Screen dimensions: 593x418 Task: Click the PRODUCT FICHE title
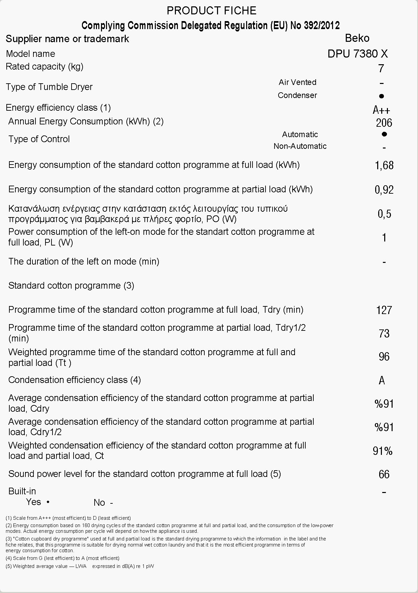211,11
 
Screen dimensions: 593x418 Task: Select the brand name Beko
357,38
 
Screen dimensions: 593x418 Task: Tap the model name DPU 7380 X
357,54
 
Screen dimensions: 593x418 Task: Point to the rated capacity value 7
381,68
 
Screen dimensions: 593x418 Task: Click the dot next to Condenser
382,96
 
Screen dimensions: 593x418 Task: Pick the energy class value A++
381,110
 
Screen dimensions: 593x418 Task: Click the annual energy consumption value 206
384,123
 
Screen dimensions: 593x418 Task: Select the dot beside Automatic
384,134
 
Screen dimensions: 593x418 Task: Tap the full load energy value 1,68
384,165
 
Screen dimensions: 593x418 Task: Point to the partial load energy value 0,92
384,190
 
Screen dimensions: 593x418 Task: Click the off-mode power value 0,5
385,214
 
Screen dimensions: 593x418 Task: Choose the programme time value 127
384,310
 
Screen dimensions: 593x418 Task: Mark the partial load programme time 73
384,333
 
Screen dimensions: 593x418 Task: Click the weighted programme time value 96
384,357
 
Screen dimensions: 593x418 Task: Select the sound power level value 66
384,474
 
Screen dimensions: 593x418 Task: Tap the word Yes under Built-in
33,502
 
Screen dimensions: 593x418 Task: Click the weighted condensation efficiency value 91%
383,451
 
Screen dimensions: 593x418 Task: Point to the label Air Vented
297,82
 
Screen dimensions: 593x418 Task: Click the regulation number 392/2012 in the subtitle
322,25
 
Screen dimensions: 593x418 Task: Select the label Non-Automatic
300,146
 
